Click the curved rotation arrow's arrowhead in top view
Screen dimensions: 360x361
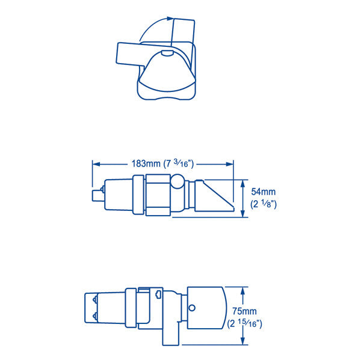click(x=168, y=21)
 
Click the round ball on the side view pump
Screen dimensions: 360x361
click(x=177, y=182)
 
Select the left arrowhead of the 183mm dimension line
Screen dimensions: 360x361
click(x=94, y=163)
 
